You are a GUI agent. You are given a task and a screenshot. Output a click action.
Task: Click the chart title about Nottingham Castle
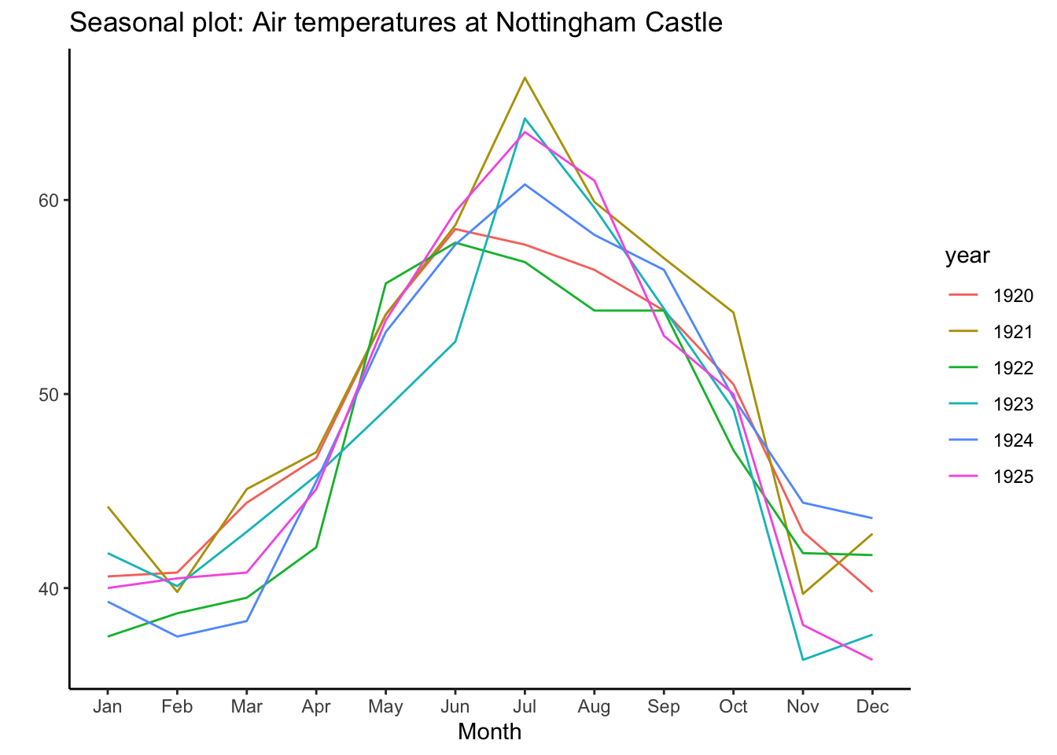pos(396,22)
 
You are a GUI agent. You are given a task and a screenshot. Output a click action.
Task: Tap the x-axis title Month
pos(489,732)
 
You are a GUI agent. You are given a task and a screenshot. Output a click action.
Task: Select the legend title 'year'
pos(967,256)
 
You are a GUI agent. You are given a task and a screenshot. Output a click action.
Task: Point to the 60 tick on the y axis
pos(49,200)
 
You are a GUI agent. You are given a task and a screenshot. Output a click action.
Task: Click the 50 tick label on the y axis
pos(49,394)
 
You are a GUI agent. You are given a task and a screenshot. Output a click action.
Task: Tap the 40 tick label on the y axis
pos(49,588)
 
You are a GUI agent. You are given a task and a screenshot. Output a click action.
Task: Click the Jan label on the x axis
pos(108,706)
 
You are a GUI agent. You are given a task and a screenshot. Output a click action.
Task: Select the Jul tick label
pos(525,706)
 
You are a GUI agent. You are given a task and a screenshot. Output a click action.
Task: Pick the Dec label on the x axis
pos(872,706)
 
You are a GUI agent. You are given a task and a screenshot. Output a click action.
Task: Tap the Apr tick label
pos(316,706)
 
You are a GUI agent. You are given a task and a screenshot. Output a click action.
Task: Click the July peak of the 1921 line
pos(525,77)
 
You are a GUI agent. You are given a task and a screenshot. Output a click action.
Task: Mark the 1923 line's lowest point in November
pos(802,660)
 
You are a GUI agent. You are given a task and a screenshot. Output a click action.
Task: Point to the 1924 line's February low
pos(177,636)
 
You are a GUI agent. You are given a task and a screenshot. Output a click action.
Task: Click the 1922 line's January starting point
pos(108,636)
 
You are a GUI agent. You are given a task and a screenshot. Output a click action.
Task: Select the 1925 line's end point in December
pos(872,660)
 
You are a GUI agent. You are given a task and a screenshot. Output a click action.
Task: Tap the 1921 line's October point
pos(733,312)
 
